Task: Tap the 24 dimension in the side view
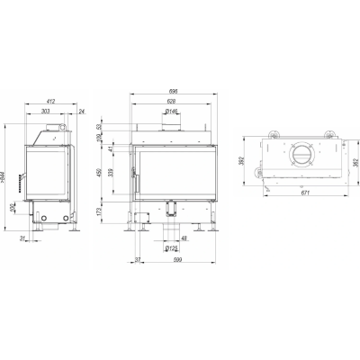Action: [81, 112]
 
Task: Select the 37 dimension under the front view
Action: [137, 260]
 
